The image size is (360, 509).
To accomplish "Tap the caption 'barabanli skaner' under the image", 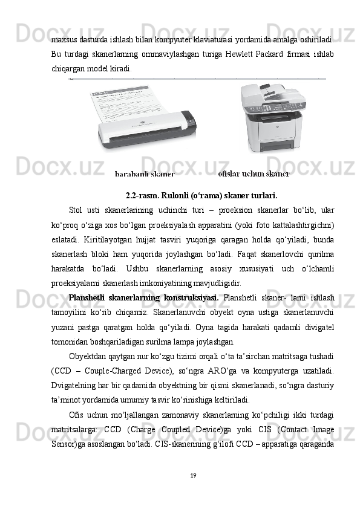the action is pyautogui.click(x=145, y=174).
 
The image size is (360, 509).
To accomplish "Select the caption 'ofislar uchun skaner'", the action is pyautogui.click(x=254, y=174).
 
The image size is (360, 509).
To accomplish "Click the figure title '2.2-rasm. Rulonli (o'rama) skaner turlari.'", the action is pyautogui.click(x=201, y=196).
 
